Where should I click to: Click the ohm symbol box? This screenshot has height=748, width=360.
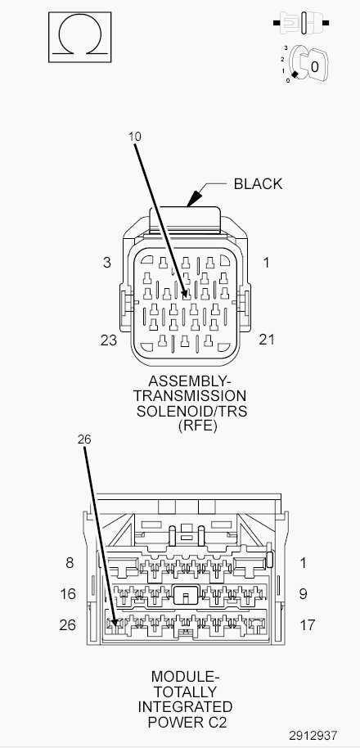(79, 37)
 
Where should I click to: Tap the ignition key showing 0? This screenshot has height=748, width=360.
(309, 65)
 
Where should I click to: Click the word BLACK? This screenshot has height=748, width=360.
(258, 183)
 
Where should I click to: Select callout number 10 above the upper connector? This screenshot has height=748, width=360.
(135, 137)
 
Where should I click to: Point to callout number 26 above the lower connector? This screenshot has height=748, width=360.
(84, 439)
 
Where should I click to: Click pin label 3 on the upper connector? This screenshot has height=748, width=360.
(107, 263)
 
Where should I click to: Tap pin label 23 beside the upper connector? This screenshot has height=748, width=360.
(109, 340)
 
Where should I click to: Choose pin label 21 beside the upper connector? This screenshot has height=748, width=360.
(267, 339)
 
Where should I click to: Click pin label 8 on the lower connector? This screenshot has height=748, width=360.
(70, 563)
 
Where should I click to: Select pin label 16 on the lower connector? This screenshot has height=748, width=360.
(68, 594)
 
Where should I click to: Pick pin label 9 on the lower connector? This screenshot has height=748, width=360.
(304, 594)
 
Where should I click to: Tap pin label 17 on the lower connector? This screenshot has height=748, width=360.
(308, 624)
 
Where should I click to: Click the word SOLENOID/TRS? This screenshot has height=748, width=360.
(191, 411)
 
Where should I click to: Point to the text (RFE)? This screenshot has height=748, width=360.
(197, 426)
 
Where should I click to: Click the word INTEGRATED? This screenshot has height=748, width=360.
(185, 706)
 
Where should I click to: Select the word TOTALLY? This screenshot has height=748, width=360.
(186, 692)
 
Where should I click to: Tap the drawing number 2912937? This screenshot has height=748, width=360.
(313, 736)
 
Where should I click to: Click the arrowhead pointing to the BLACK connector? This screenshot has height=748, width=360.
(193, 198)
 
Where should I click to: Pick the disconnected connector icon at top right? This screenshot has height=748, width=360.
(301, 22)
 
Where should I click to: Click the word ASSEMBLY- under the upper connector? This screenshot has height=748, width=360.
(189, 381)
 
